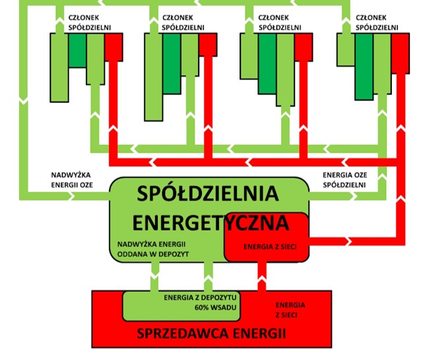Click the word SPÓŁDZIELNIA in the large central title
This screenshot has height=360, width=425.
click(x=209, y=194)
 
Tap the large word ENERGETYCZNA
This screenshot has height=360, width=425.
click(x=209, y=220)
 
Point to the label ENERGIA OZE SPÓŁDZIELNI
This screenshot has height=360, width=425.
click(x=344, y=180)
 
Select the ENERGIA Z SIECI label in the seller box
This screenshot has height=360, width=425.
click(x=290, y=310)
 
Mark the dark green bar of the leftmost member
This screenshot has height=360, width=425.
click(x=77, y=49)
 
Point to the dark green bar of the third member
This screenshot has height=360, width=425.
click(x=267, y=62)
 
